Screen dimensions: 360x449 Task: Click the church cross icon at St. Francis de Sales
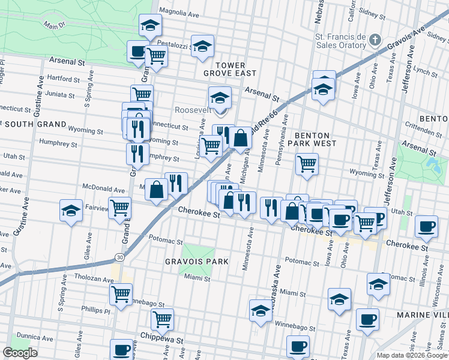point(375,41)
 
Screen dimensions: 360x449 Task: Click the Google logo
point(20,353)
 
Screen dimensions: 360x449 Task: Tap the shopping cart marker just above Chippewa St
point(162,319)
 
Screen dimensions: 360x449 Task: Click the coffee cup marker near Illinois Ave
point(427,226)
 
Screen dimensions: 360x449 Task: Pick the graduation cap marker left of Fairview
point(71,211)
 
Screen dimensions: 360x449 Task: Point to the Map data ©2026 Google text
point(411,355)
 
